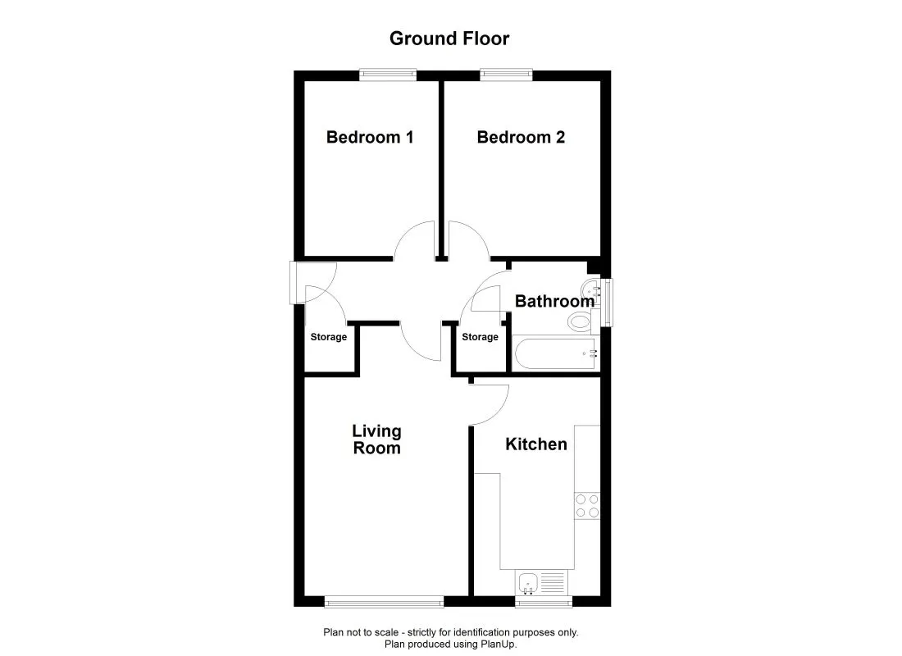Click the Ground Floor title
pos(449,39)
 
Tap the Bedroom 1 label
pos(369,137)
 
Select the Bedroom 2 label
pos(521,137)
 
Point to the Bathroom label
pos(554,301)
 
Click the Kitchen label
pos(535,444)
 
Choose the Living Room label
pos(376,440)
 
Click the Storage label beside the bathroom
pos(480,337)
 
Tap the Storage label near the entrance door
pos(328,337)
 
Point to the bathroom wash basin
pos(590,289)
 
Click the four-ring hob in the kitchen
pos(587,505)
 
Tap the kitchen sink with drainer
pos(541,583)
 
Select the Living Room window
pos(384,603)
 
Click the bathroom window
pos(607,303)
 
